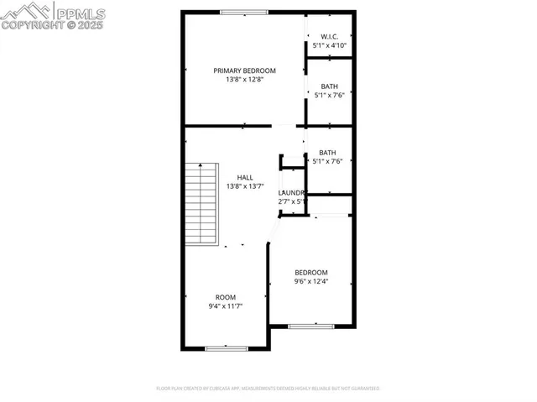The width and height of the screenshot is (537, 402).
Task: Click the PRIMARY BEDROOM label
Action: coord(244,70)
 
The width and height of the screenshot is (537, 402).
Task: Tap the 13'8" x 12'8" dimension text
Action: coord(244,80)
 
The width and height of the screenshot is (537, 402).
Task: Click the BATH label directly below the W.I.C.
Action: coord(330,86)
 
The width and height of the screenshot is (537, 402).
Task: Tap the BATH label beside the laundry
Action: coord(327,152)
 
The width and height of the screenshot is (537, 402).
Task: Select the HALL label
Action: coord(245,177)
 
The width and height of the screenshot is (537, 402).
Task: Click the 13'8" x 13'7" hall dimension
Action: coord(245,186)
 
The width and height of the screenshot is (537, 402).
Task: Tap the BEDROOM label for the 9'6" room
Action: coord(310,272)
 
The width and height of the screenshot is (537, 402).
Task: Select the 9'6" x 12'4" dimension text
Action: coord(310,281)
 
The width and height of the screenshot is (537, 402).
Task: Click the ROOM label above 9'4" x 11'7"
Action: coord(226,297)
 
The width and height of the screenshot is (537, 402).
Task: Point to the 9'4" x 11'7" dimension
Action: coord(226,306)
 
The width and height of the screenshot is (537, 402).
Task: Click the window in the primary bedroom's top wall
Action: coord(244,12)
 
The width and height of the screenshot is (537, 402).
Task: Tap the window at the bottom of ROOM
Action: coord(227,347)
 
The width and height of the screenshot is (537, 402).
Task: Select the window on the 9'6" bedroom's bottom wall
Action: coord(311,326)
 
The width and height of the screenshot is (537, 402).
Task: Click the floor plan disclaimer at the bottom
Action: coord(268,389)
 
